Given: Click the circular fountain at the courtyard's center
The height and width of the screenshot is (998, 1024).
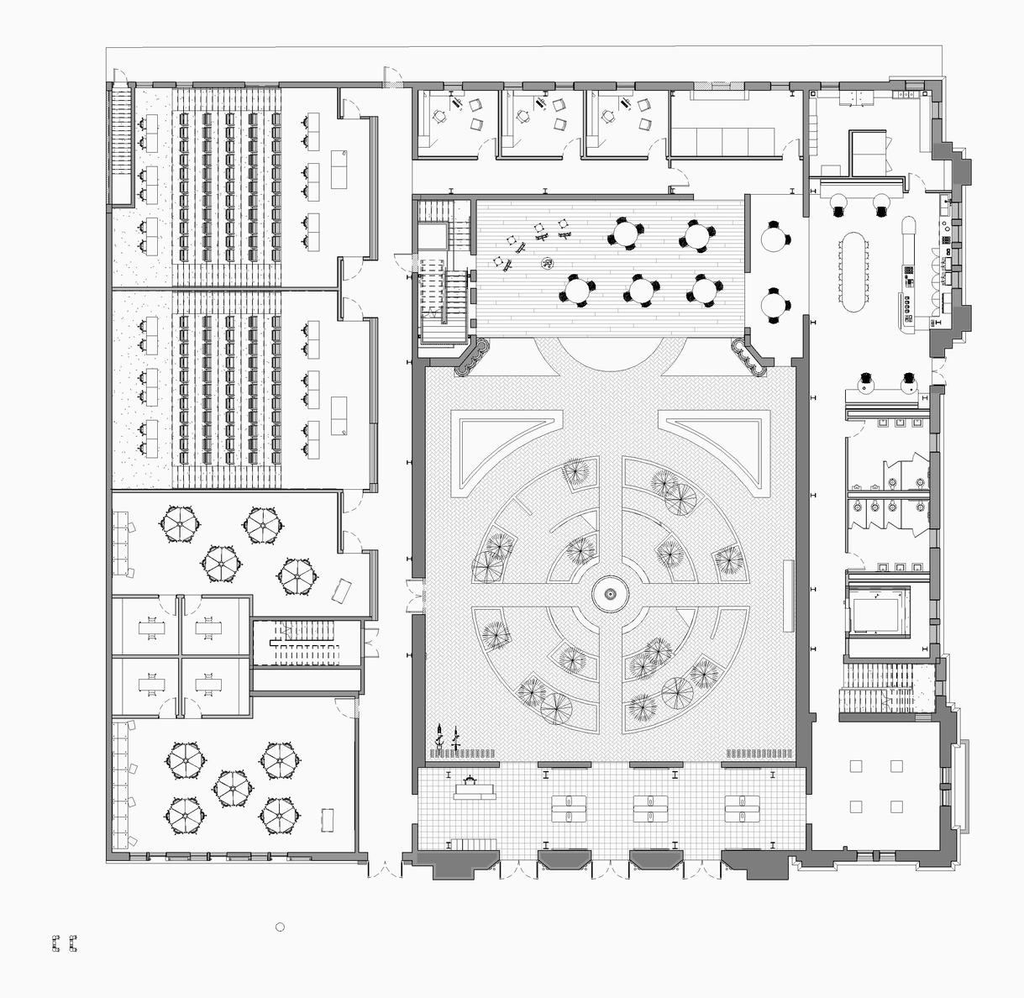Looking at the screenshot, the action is tap(611, 595).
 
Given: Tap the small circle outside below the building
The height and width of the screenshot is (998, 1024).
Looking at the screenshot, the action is tap(281, 927).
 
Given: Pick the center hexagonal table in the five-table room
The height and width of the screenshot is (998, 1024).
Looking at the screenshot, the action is tap(232, 786).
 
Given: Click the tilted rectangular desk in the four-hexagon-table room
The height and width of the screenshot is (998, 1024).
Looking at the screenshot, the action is tap(343, 589).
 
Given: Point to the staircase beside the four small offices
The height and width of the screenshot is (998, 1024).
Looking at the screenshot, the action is tap(306, 644).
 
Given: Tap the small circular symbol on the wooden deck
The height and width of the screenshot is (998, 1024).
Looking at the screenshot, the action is tap(547, 263).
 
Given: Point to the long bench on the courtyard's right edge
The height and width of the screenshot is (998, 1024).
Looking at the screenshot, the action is tap(788, 596).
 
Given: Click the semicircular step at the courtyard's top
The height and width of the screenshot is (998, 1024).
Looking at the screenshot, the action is tap(610, 353).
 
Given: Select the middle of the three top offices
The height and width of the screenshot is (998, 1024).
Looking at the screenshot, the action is tap(538, 123).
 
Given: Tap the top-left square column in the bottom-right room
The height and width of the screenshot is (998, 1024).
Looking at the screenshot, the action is tap(856, 766).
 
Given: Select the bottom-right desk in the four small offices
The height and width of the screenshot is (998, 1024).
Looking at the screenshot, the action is tap(209, 685).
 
